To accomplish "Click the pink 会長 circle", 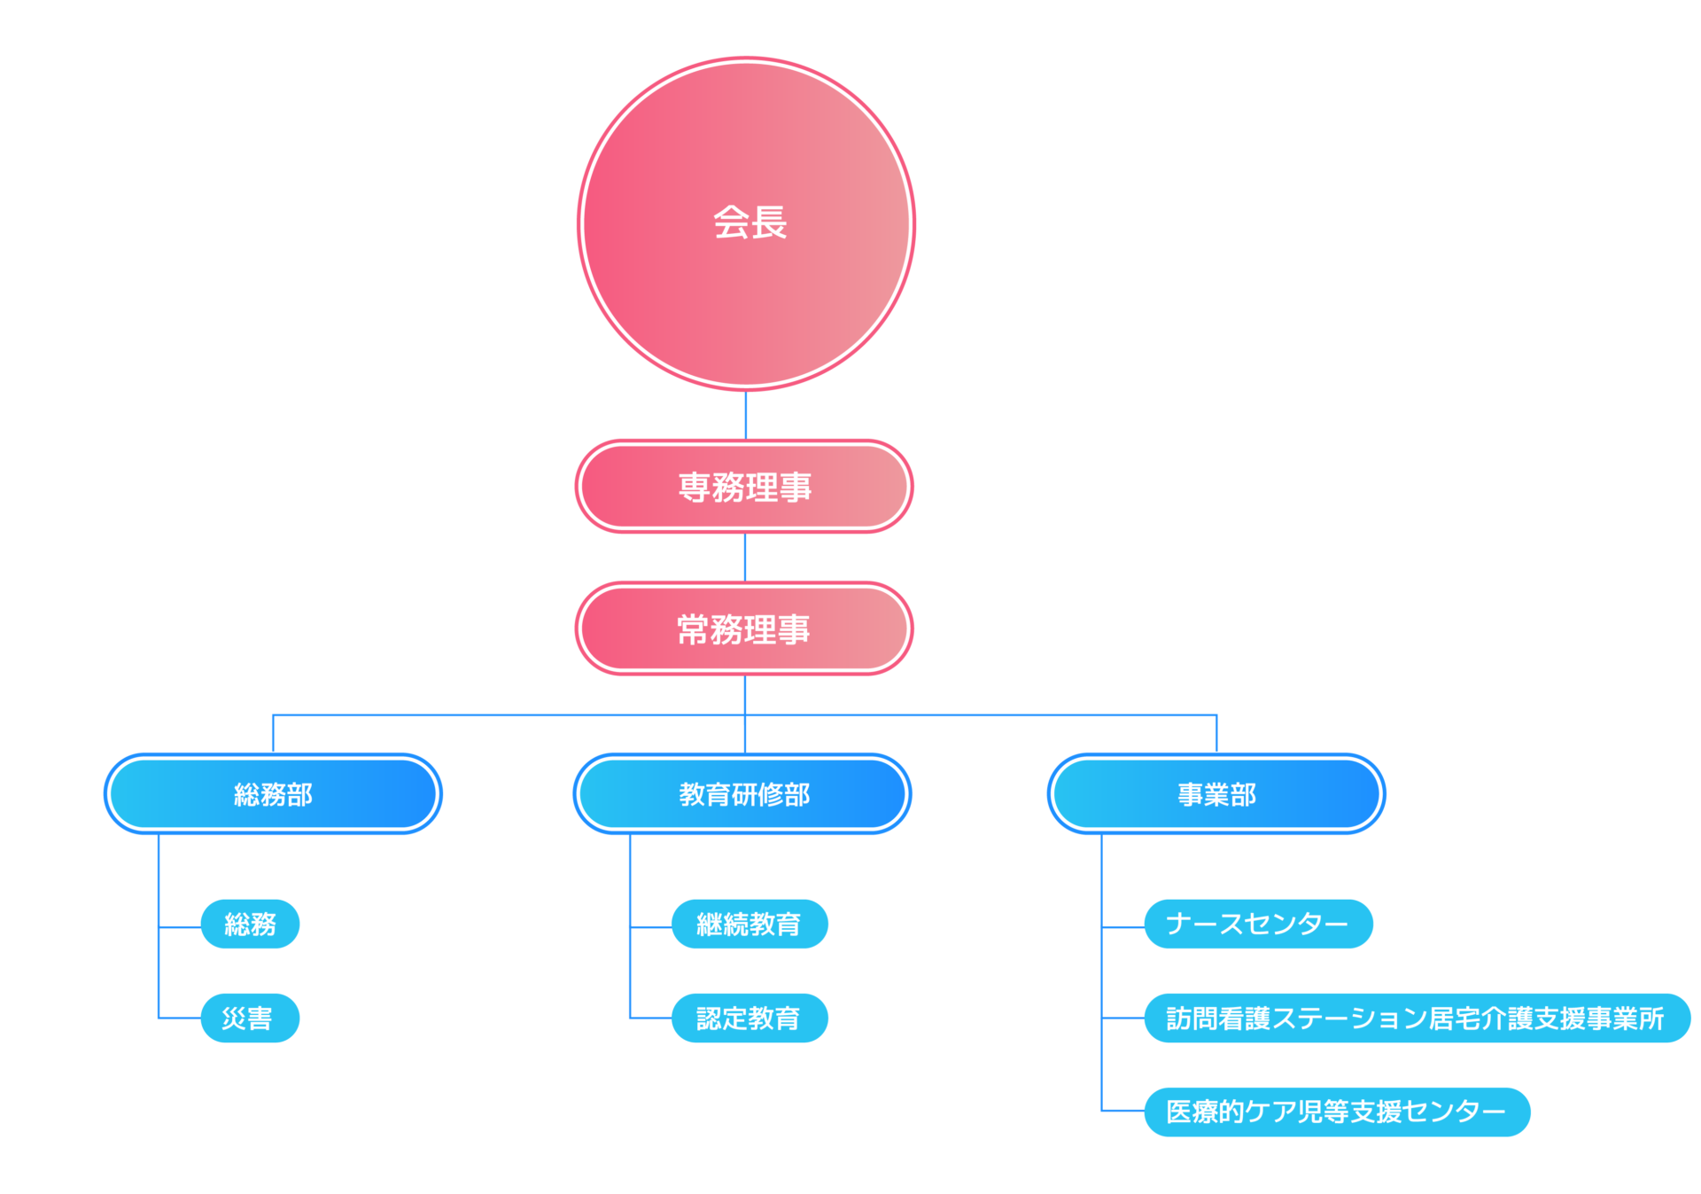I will pos(746,223).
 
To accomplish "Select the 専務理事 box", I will pos(744,487).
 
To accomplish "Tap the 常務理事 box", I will pos(744,628).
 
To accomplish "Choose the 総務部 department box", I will pos(273,793).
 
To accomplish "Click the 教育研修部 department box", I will pos(742,793).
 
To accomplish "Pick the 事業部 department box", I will pos(1216,793).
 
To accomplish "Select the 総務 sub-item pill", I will pos(250,925).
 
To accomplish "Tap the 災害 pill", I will pos(250,1018).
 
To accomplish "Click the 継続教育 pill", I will pos(750,925).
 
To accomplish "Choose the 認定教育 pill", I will pos(750,1018).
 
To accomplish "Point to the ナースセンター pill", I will pos(1258,925).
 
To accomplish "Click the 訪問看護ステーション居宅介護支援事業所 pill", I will pos(1417,1018).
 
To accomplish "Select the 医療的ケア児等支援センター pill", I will pos(1337,1112).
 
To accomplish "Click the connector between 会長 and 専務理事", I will pos(746,415).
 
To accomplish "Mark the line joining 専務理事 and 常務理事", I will pos(745,557).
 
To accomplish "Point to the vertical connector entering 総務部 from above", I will pos(273,734).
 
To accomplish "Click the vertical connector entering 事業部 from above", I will pos(1216,734).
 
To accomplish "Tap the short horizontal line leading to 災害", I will pos(180,1018).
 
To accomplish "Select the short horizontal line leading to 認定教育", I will pos(651,1018).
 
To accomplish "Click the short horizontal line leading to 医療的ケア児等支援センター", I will pos(1123,1110).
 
